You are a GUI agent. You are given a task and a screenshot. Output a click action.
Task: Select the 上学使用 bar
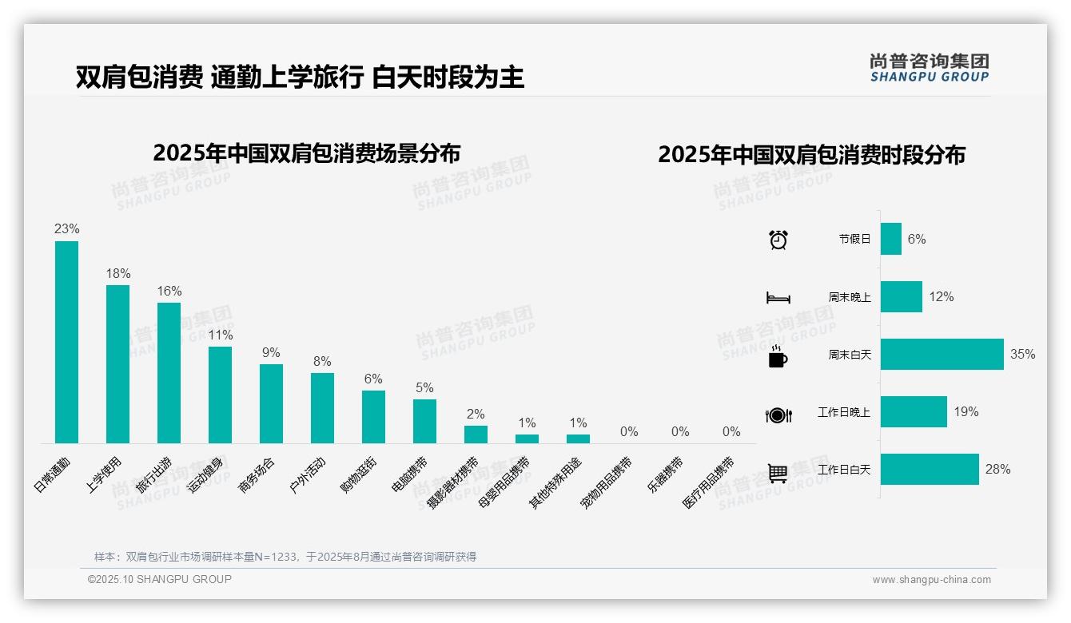coord(117,364)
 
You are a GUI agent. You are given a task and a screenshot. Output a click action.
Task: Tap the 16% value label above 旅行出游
coord(169,292)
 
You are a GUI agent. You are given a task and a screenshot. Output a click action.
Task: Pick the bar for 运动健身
coord(220,395)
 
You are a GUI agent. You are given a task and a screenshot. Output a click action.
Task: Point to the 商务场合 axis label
coord(257,476)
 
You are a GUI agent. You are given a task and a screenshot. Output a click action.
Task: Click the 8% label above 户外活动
coord(322,362)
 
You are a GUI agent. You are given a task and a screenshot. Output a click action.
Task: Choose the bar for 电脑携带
coord(424,421)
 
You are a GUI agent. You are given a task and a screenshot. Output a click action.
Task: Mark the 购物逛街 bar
coord(373,416)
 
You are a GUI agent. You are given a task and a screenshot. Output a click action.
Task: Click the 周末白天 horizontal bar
coord(942,354)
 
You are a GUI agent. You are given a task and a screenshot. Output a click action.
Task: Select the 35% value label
coord(1022,355)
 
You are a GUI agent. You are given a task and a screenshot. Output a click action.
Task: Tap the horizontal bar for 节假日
coord(890,239)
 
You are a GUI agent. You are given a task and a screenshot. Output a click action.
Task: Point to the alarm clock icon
coord(778,240)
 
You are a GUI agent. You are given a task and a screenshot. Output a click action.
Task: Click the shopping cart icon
coord(778,473)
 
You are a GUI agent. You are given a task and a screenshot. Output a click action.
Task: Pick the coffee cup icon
coord(778,356)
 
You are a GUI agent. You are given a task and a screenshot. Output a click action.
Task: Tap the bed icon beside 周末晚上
coord(778,298)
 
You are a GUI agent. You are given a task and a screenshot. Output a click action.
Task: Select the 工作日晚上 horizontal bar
coord(914,412)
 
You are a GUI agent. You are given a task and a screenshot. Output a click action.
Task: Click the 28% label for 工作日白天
coord(997,470)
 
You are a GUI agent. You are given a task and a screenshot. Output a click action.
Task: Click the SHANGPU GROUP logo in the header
coord(929,68)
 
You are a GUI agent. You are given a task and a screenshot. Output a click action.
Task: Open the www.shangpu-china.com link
coord(931,580)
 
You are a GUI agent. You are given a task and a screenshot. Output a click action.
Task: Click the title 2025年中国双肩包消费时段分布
coord(811,155)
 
